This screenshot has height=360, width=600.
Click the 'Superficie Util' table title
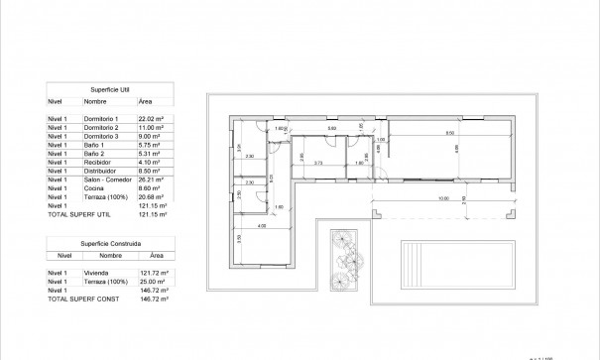(x=109, y=88)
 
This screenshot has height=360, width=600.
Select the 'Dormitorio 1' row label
(x=103, y=119)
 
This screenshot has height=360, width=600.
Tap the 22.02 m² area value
(x=151, y=119)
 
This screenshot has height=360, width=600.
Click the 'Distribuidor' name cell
(x=101, y=168)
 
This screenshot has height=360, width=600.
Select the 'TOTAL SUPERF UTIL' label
(x=79, y=213)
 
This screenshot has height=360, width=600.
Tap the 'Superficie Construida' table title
(x=109, y=242)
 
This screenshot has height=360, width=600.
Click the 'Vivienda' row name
(x=96, y=271)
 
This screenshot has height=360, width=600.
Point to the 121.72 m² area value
(x=153, y=271)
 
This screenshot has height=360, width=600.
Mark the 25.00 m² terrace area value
(x=151, y=280)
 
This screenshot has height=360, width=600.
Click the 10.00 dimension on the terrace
(x=442, y=198)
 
